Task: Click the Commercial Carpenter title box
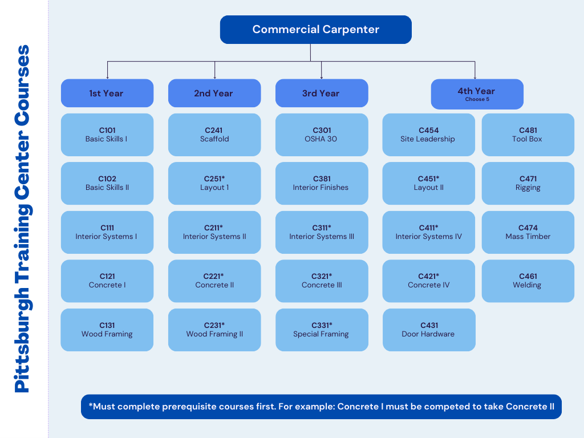315,30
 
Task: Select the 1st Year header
107,93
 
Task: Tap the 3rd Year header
321,93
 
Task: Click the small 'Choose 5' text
477,100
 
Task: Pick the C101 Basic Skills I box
107,135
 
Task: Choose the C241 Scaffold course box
214,135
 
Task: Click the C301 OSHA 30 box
321,135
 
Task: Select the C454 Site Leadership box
428,135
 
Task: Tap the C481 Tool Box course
528,135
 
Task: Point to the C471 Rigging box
528,183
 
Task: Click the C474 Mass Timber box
528,232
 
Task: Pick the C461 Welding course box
528,281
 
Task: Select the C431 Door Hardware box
428,330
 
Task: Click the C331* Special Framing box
321,330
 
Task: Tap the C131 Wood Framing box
107,330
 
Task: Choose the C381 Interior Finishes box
321,183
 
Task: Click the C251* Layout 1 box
214,183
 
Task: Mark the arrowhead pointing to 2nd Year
214,77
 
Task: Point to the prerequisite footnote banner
321,407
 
